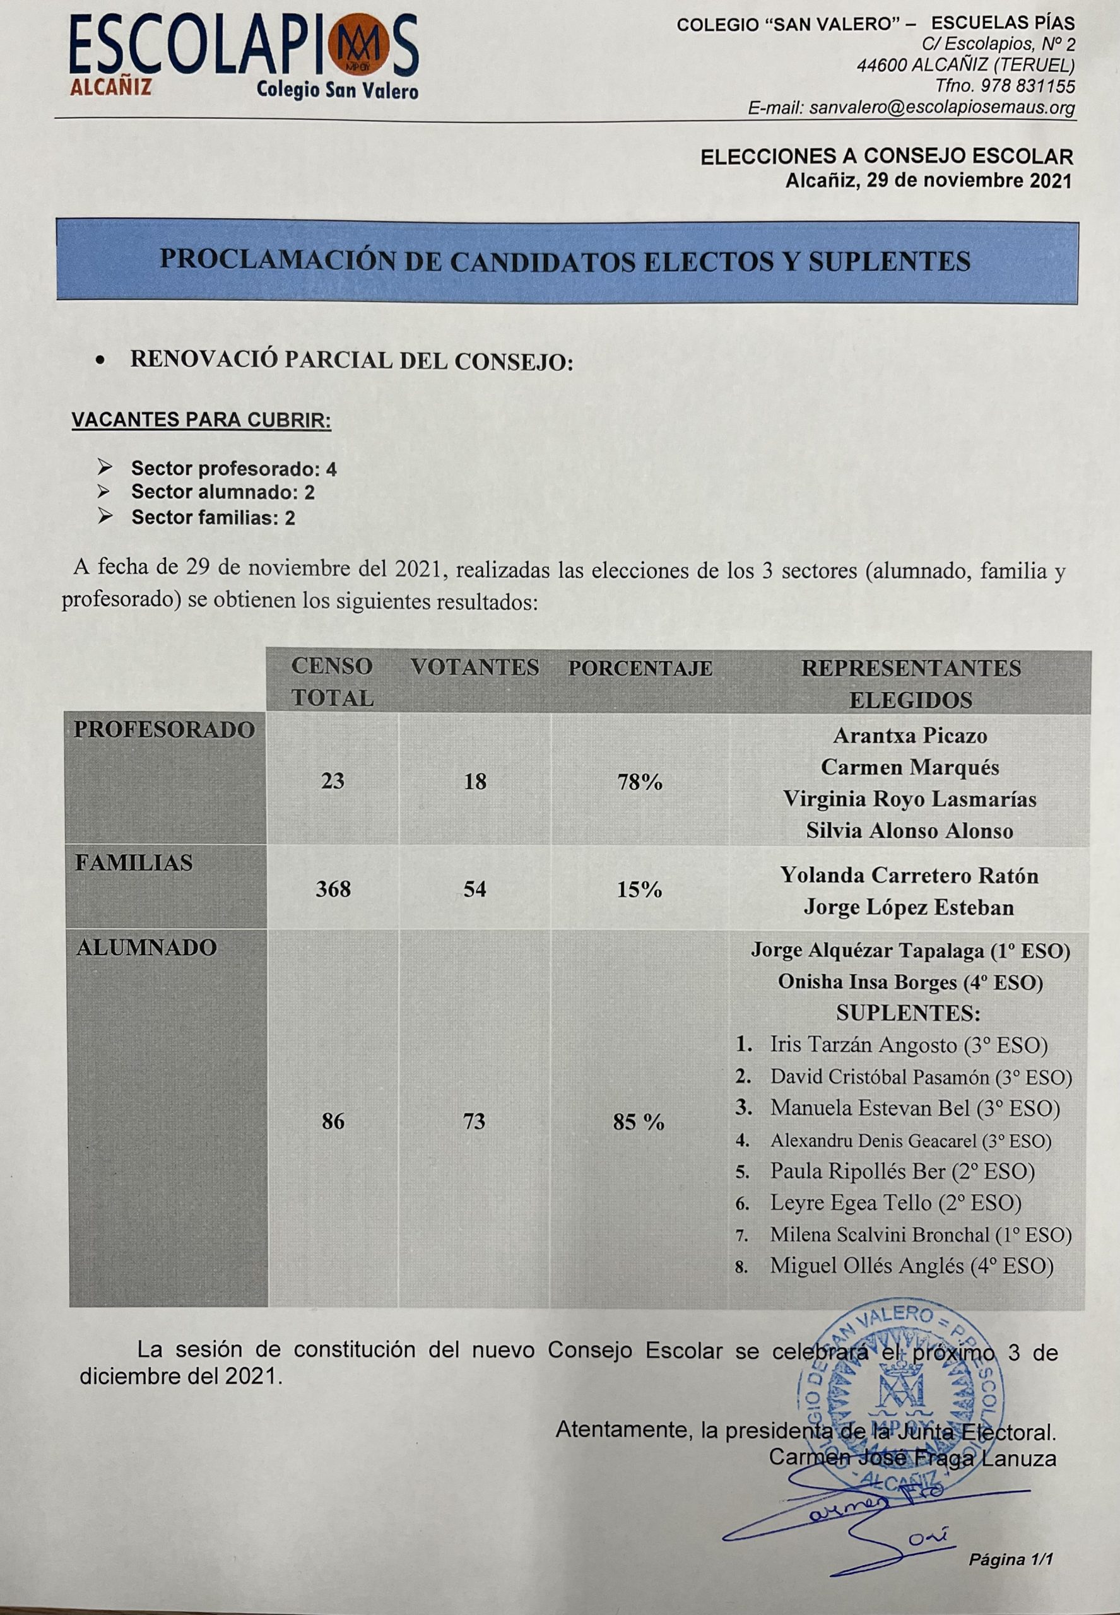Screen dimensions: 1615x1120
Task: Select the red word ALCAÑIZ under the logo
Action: [110, 88]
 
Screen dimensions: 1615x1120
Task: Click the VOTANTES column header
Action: [475, 667]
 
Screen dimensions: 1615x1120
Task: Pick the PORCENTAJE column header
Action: [640, 669]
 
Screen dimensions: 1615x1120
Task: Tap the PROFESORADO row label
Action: [164, 731]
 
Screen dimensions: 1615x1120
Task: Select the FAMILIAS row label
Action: [133, 863]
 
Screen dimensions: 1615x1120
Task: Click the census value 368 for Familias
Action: [333, 890]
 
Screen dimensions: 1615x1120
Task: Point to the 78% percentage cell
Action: [639, 782]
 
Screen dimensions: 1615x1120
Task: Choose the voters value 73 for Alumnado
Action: [475, 1121]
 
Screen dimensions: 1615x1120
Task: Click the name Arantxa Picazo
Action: [910, 736]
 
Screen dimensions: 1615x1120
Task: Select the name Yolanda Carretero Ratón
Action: [909, 876]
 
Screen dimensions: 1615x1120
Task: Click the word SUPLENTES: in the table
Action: [908, 1014]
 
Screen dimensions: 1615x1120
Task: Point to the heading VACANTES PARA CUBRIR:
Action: [201, 420]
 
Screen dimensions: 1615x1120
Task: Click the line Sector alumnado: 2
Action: [223, 493]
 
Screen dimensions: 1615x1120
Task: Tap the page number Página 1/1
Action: [1011, 1559]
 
